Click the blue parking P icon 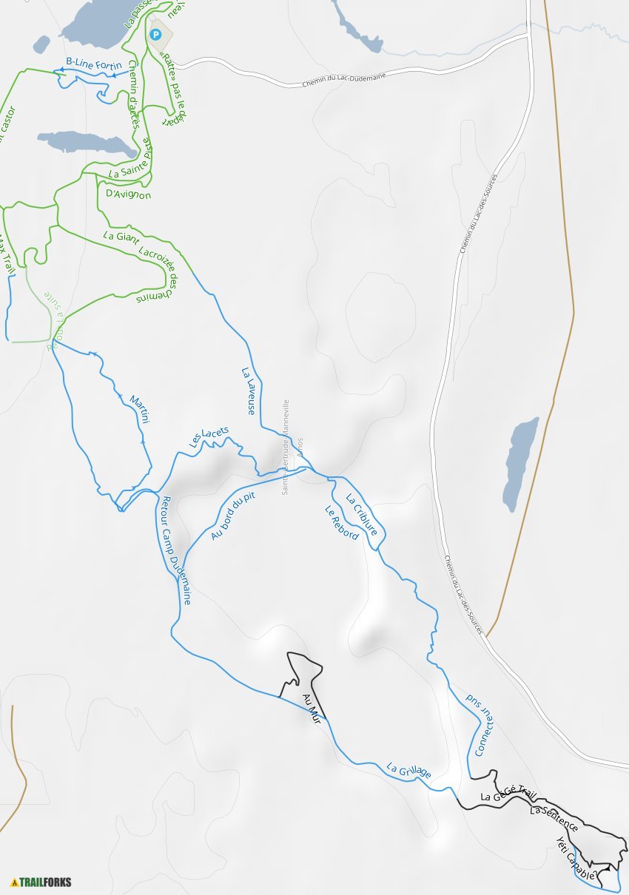[x=155, y=34]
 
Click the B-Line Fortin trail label [x=94, y=64]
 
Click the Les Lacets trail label [x=209, y=437]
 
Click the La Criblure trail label [x=362, y=515]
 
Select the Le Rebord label [x=341, y=522]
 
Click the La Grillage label [x=409, y=770]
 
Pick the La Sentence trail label [x=554, y=819]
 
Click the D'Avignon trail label [x=129, y=195]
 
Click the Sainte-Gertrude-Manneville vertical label [x=286, y=447]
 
